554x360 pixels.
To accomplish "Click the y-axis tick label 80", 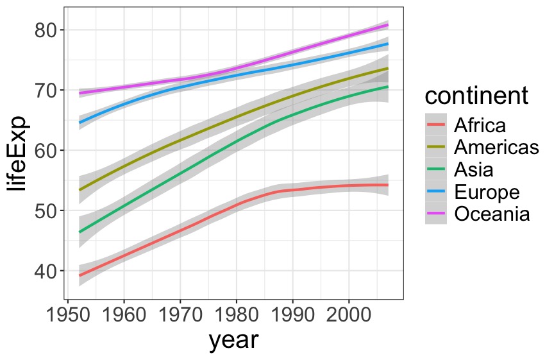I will [x=44, y=30].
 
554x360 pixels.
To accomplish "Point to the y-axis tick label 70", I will [x=44, y=90].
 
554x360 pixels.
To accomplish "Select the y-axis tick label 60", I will [x=44, y=151].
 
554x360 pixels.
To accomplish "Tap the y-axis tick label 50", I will [x=44, y=211].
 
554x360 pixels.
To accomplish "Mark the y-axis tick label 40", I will [x=44, y=271].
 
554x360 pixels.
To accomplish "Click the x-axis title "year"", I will [x=233, y=340].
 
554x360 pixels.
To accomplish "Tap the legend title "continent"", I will [x=476, y=96].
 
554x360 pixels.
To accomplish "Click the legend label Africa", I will [x=480, y=125].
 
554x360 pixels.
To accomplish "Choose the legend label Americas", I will [x=496, y=148].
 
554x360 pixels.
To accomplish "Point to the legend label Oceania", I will [x=492, y=214].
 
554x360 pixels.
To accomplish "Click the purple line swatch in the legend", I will [x=436, y=214].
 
